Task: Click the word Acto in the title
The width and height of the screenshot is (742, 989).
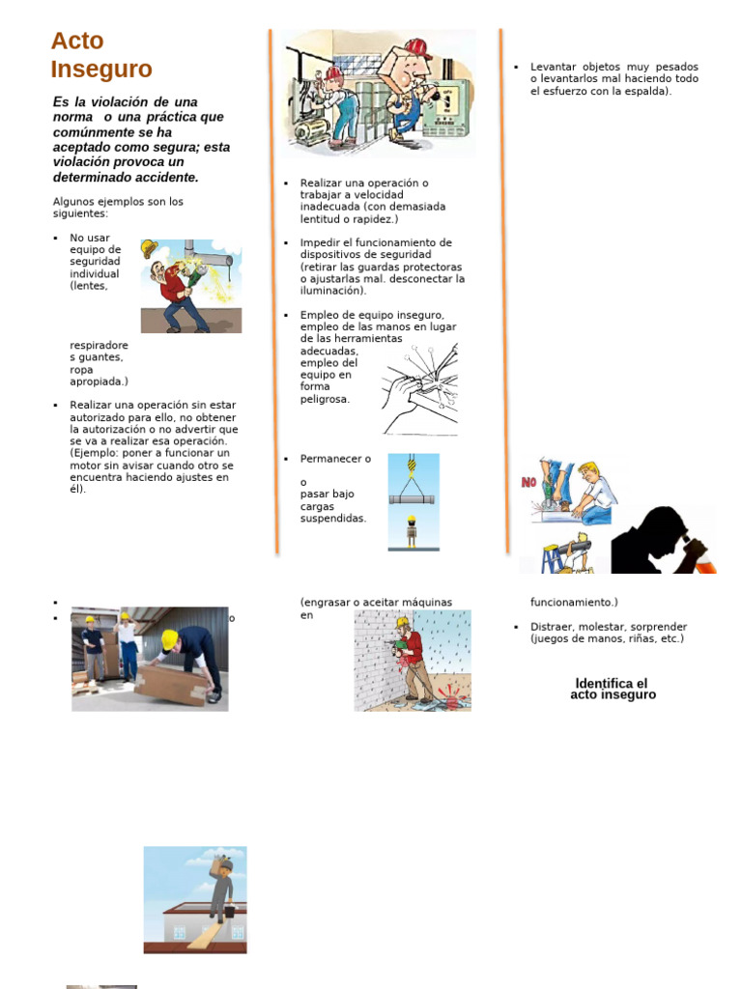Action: pyautogui.click(x=77, y=41)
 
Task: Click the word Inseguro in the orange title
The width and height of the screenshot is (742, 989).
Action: pyautogui.click(x=101, y=70)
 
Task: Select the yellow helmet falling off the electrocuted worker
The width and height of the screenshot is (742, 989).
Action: pyautogui.click(x=149, y=249)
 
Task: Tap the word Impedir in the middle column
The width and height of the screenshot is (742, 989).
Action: pyautogui.click(x=320, y=242)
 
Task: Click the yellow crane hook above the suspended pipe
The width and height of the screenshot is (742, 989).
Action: pyautogui.click(x=413, y=468)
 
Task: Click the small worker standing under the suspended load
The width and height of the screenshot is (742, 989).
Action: pyautogui.click(x=412, y=531)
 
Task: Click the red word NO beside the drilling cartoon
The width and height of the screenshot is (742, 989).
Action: pyautogui.click(x=528, y=482)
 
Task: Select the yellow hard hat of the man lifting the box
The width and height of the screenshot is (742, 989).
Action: pyautogui.click(x=170, y=639)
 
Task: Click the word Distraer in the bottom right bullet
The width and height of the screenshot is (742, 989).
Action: pyautogui.click(x=553, y=627)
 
